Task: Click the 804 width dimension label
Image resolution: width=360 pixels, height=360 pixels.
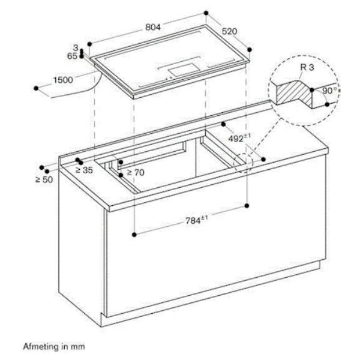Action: (153, 27)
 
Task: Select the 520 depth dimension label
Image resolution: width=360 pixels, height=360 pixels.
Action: (229, 31)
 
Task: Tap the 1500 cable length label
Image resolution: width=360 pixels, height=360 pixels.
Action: (63, 80)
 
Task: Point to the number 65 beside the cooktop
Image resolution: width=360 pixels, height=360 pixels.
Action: (72, 56)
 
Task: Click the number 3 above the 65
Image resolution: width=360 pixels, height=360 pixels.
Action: (76, 48)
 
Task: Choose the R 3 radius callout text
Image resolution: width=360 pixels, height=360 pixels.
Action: (307, 67)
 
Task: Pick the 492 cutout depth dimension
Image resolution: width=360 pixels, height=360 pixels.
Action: (239, 138)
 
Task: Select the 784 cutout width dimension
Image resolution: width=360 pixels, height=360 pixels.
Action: (197, 220)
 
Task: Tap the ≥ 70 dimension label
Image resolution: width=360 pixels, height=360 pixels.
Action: (136, 172)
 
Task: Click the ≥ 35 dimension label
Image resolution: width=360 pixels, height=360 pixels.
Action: (84, 170)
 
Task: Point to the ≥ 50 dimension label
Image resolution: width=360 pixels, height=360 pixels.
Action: (44, 179)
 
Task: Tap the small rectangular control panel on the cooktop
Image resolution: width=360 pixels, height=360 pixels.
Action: (184, 70)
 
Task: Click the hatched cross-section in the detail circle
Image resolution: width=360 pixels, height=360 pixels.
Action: (295, 93)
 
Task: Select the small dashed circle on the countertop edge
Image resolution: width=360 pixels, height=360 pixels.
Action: (243, 163)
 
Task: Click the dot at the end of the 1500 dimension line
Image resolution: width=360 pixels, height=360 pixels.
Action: (36, 88)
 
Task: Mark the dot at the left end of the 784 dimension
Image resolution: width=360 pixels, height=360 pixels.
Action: (134, 235)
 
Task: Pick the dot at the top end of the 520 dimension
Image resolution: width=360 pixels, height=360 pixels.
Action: (206, 13)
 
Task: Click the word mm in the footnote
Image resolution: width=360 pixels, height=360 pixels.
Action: (77, 347)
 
